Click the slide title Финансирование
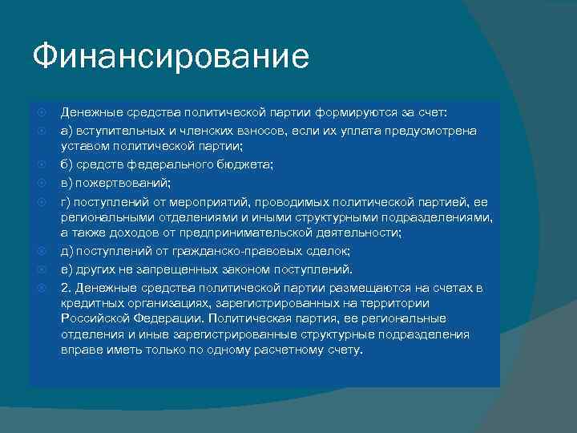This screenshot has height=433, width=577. point(170,58)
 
